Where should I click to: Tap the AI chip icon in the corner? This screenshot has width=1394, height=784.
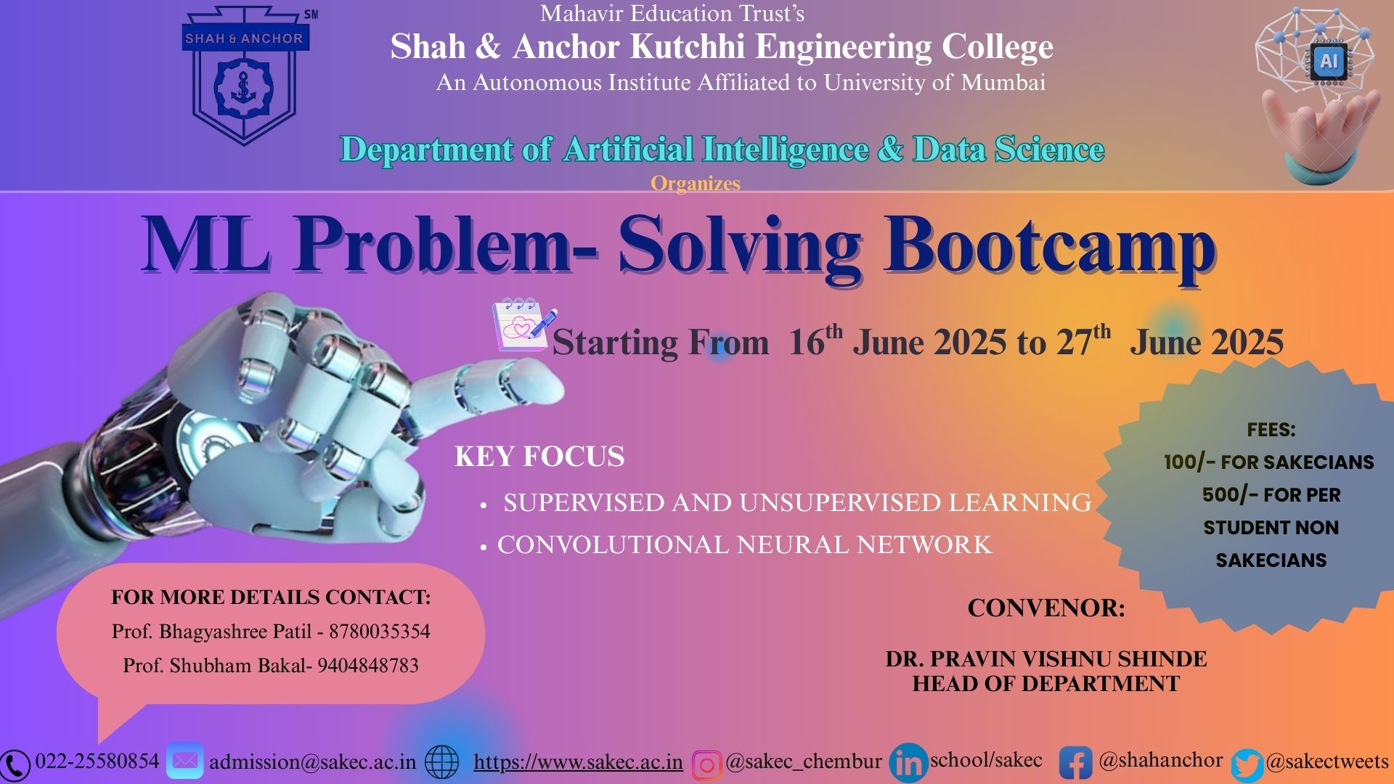click(x=1329, y=62)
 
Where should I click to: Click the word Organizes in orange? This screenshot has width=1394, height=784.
click(x=696, y=184)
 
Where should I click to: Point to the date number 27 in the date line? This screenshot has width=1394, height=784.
click(x=1074, y=343)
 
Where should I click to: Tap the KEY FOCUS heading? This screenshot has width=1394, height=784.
click(x=539, y=457)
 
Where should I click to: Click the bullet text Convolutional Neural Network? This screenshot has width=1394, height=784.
click(x=744, y=544)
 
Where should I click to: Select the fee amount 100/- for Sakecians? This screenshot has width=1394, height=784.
click(x=1189, y=462)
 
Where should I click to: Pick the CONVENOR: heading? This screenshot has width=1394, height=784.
click(x=1046, y=608)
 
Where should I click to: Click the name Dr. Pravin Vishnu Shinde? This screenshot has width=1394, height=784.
click(x=1046, y=658)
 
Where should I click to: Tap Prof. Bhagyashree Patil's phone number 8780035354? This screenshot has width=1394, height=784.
click(x=380, y=631)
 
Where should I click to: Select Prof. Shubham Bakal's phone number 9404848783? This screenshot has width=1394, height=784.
click(x=368, y=665)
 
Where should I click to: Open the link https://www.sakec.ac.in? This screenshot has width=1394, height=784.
click(x=578, y=762)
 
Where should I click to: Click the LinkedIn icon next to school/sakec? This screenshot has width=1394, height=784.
click(x=908, y=762)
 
